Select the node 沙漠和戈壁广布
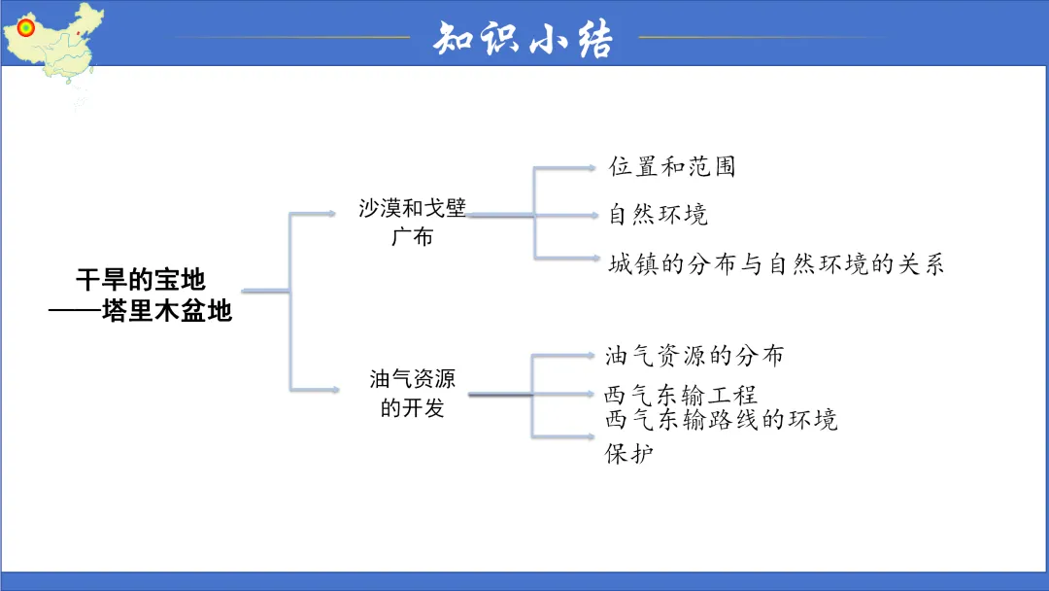pyautogui.click(x=412, y=222)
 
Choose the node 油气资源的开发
pyautogui.click(x=412, y=393)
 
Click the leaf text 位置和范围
pyautogui.click(x=672, y=166)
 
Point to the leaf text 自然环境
pyautogui.click(x=659, y=214)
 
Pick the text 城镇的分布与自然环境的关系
pyautogui.click(x=776, y=263)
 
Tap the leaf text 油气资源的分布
pyautogui.click(x=694, y=355)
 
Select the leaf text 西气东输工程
pyautogui.click(x=680, y=395)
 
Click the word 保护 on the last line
pyautogui.click(x=629, y=453)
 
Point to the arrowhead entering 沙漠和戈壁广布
pyautogui.click(x=333, y=213)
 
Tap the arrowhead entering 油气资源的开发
pyautogui.click(x=333, y=391)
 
